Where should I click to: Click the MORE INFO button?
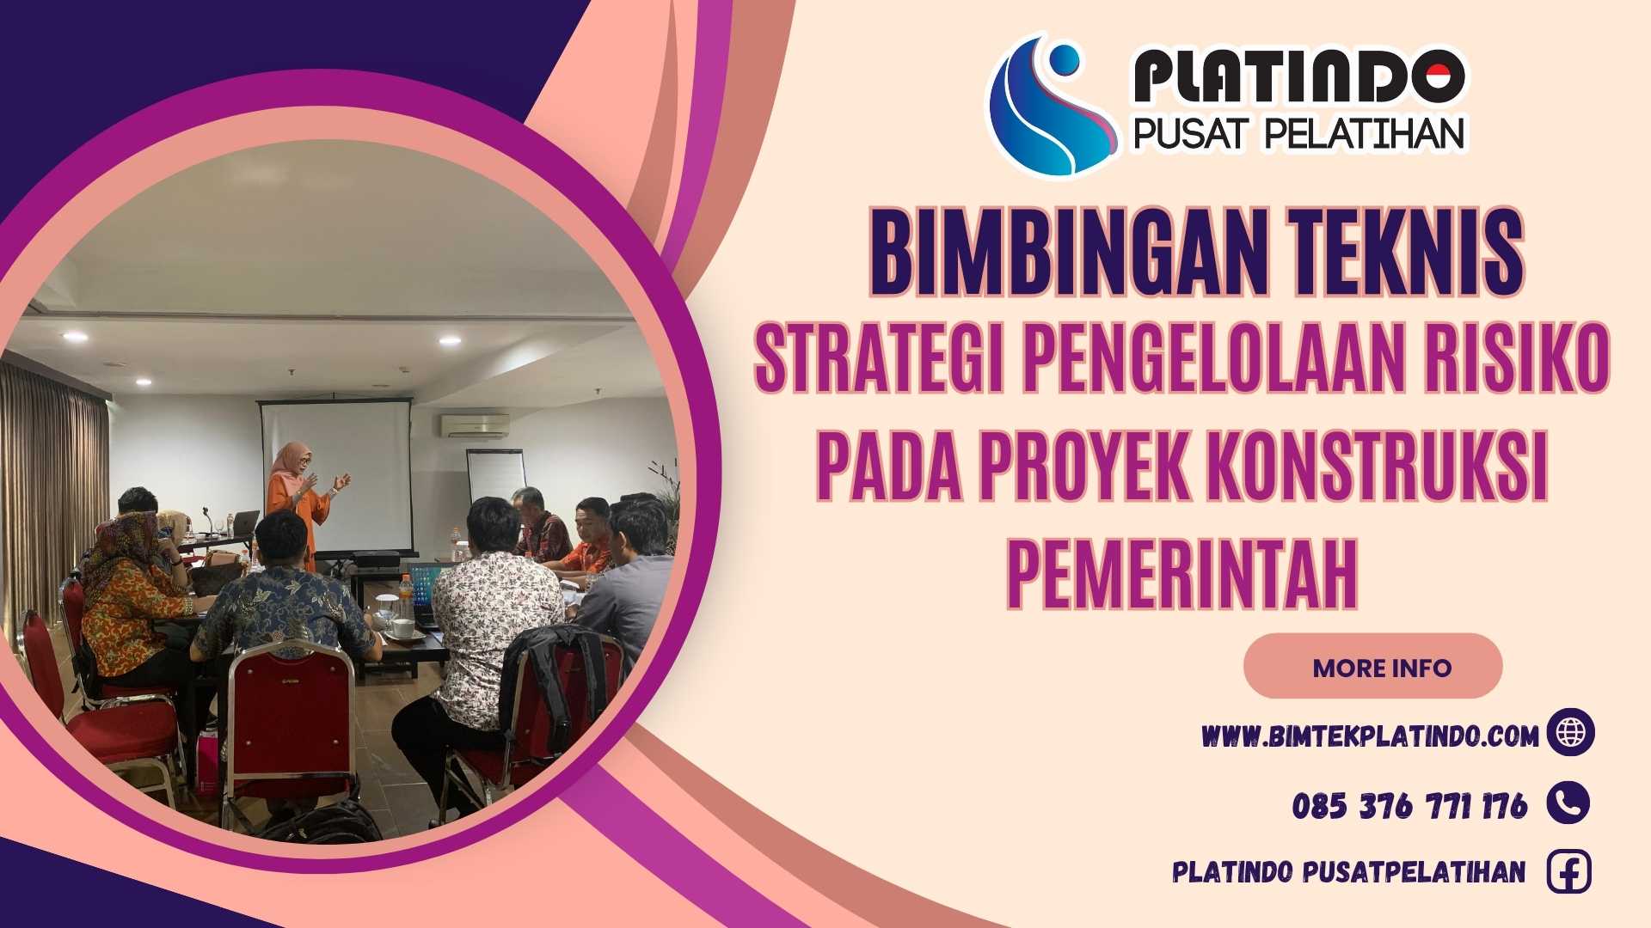(x=1372, y=667)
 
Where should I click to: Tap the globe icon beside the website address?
(x=1570, y=732)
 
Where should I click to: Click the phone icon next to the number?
(x=1568, y=803)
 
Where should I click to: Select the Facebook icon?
(x=1568, y=872)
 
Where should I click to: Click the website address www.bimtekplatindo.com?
(x=1370, y=736)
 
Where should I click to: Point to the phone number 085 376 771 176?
(x=1409, y=805)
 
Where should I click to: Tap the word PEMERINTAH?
(x=1182, y=573)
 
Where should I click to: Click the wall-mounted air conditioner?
(x=475, y=424)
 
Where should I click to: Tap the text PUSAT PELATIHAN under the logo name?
(x=1298, y=134)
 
